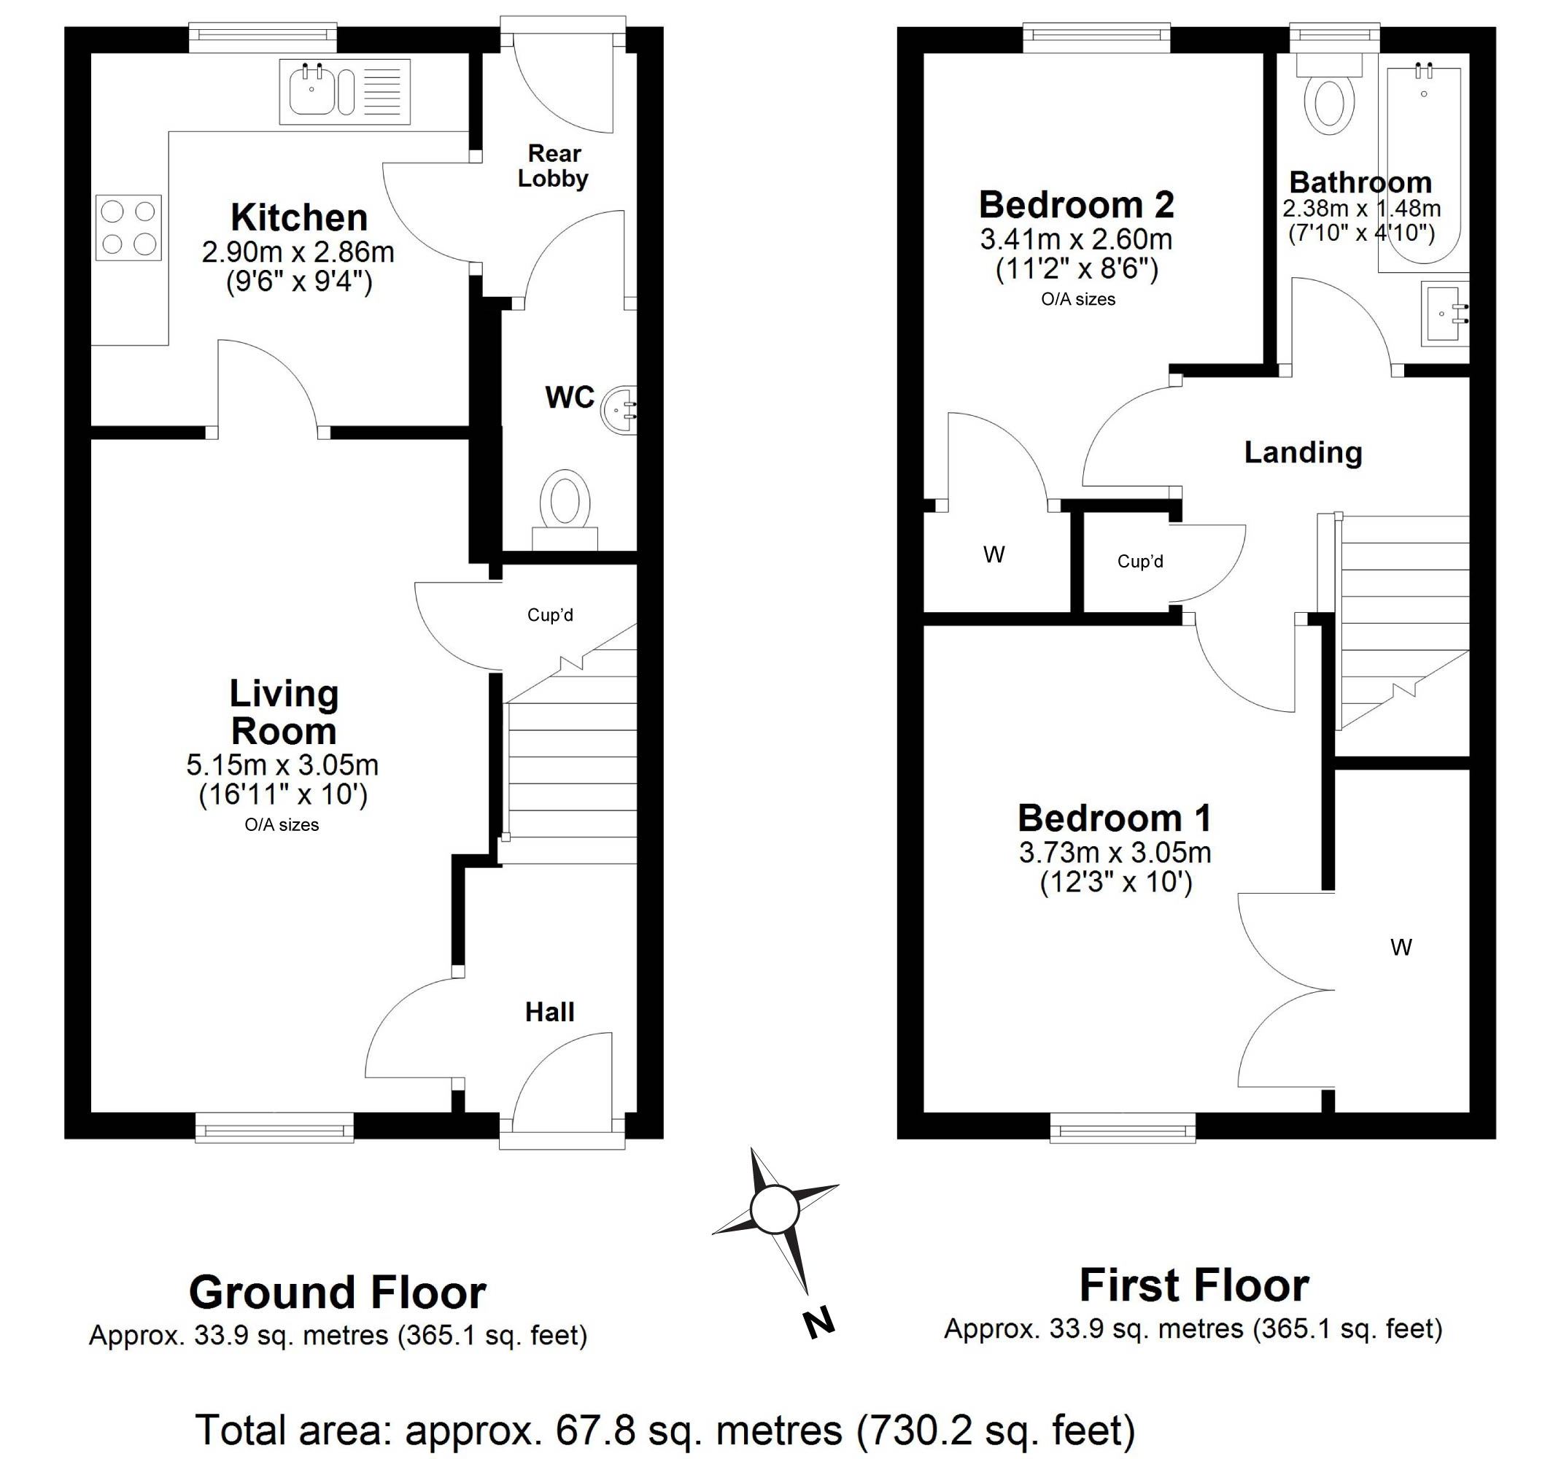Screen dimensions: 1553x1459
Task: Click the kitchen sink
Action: pyautogui.click(x=344, y=91)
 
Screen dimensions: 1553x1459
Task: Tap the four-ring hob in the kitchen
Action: pyautogui.click(x=129, y=228)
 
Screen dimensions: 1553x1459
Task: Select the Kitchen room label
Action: pyautogui.click(x=299, y=218)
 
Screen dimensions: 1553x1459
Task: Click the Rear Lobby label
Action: pyautogui.click(x=553, y=166)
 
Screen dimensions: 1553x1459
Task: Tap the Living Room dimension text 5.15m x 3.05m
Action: pyautogui.click(x=282, y=764)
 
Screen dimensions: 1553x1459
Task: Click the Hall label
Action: pyautogui.click(x=550, y=1013)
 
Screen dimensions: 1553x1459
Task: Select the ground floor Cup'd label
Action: pyautogui.click(x=550, y=615)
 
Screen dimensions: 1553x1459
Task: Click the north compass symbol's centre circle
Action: pyautogui.click(x=774, y=1210)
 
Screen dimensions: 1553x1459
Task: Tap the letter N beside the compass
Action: pyautogui.click(x=818, y=1323)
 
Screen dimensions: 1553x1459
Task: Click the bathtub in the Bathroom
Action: pyautogui.click(x=1423, y=169)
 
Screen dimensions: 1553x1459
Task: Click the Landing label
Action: pyautogui.click(x=1303, y=452)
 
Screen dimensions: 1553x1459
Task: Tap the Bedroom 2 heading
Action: pyautogui.click(x=1077, y=205)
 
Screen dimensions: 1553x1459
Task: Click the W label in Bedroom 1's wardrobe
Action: pyautogui.click(x=1401, y=948)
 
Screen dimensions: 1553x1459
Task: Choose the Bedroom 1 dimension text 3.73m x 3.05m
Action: pyautogui.click(x=1115, y=851)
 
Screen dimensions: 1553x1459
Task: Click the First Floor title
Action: pyautogui.click(x=1193, y=1285)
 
